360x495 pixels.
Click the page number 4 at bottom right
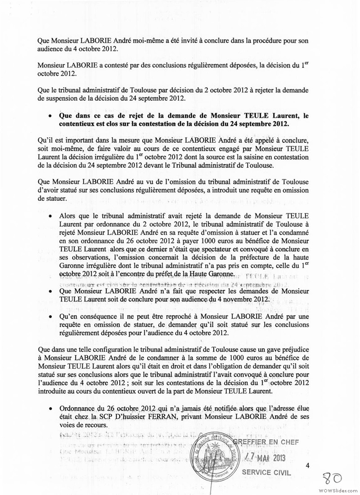pyautogui.click(x=308, y=466)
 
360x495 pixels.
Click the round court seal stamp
pyautogui.click(x=214, y=458)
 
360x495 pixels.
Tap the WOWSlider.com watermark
pyautogui.click(x=338, y=490)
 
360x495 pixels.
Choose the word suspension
pyautogui.click(x=61, y=99)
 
